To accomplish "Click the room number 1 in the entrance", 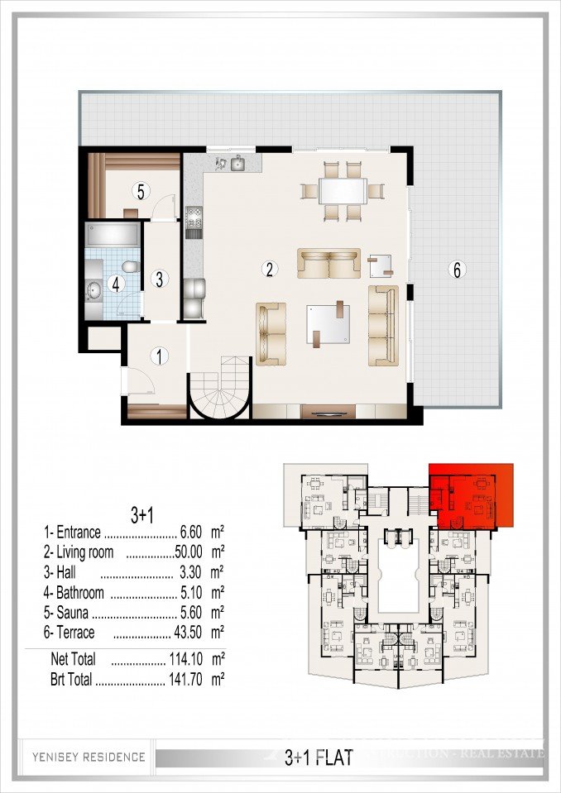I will point(159,356).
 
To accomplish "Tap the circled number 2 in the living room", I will point(268,268).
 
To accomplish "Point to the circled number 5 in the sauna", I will point(141,192).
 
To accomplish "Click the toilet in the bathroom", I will point(128,265).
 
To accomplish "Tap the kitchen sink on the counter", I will point(238,164).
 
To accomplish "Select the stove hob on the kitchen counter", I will point(195,218).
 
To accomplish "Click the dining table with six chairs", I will point(343,191).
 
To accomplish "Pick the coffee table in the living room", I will point(328,322).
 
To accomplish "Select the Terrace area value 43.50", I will point(190,633).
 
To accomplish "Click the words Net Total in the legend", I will point(73,659).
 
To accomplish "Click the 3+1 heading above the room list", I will point(142,514).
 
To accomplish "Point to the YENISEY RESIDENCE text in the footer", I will point(89,757).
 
